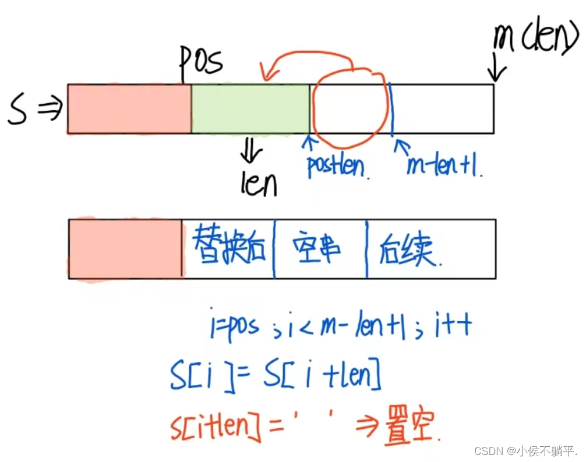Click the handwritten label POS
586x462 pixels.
click(201, 61)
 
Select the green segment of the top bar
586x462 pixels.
click(250, 109)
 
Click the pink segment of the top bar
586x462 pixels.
click(129, 109)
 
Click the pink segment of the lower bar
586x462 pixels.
click(125, 249)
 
